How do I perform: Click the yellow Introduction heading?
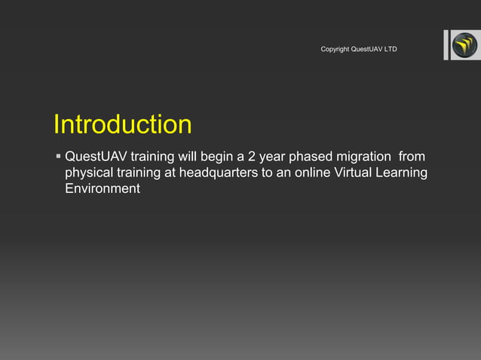[x=122, y=125]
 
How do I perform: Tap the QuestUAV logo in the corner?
[x=464, y=46]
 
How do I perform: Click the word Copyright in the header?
[x=335, y=50]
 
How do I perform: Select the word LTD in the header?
[x=391, y=50]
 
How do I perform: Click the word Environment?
[x=103, y=189]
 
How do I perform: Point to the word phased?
[x=304, y=157]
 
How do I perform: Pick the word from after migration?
[x=412, y=157]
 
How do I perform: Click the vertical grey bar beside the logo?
[x=446, y=45]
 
